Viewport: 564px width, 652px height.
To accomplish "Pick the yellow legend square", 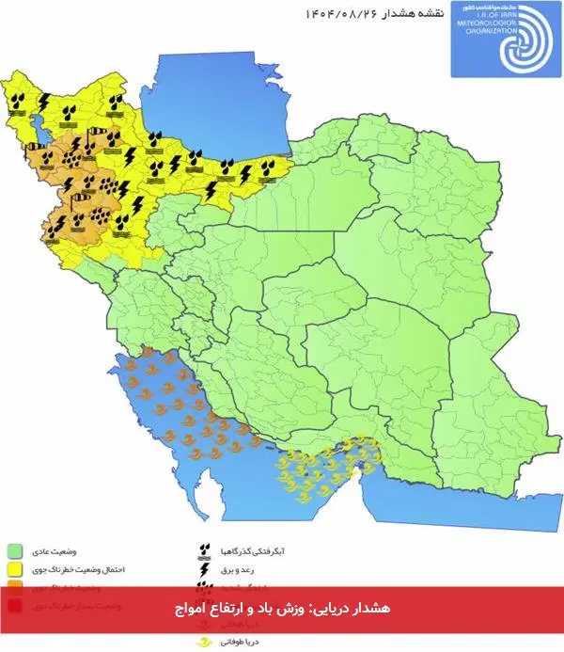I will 15,569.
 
